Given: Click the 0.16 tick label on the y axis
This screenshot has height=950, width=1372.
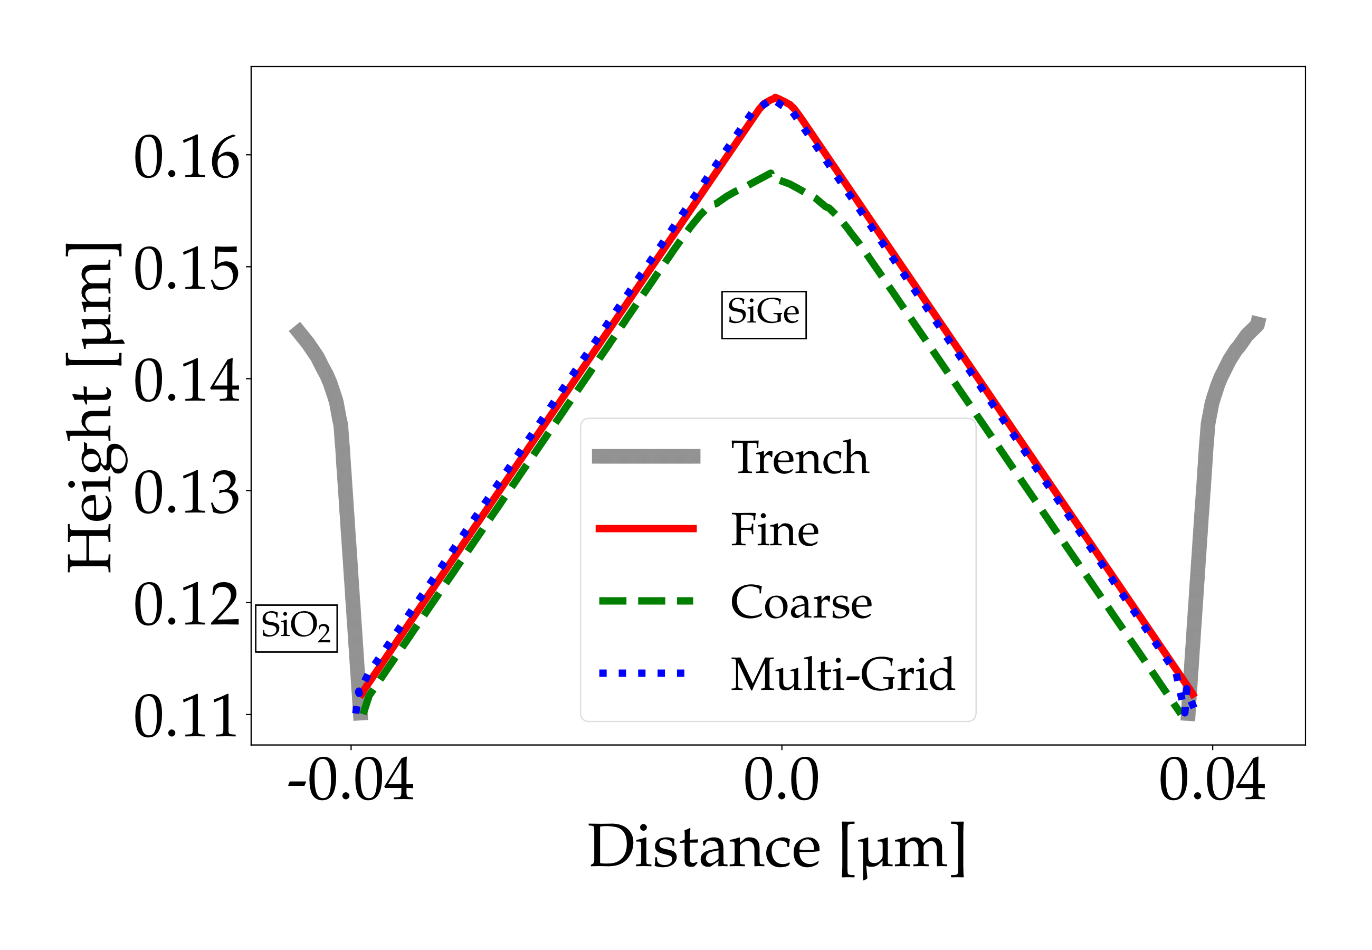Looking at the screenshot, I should [x=186, y=158].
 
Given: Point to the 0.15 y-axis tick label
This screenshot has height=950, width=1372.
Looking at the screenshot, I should [x=186, y=270].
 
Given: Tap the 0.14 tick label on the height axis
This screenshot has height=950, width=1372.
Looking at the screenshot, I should [x=186, y=382].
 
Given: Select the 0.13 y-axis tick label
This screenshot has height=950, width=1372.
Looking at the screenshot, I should [x=186, y=493].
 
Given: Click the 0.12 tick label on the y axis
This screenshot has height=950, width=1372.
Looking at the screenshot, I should [x=186, y=605].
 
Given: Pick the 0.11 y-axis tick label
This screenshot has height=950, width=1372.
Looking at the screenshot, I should [x=186, y=717].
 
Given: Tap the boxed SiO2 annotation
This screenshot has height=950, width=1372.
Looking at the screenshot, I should [x=296, y=629].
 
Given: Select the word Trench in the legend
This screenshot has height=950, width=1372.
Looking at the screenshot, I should [x=799, y=458].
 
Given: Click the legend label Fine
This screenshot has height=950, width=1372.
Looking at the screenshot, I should [x=775, y=530].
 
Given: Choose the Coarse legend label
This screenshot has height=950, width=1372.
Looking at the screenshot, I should [x=801, y=602].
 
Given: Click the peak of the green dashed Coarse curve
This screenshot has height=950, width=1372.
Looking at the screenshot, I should [x=771, y=173].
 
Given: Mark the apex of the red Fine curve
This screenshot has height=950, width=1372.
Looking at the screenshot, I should [x=775, y=97].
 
